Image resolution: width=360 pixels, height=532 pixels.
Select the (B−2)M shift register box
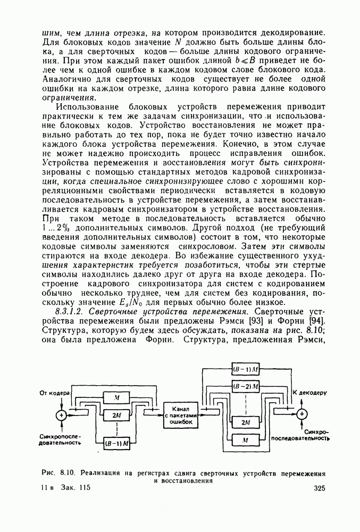246,384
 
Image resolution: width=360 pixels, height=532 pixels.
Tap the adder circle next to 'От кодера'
62,414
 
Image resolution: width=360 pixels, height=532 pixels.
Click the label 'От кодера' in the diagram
55,393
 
